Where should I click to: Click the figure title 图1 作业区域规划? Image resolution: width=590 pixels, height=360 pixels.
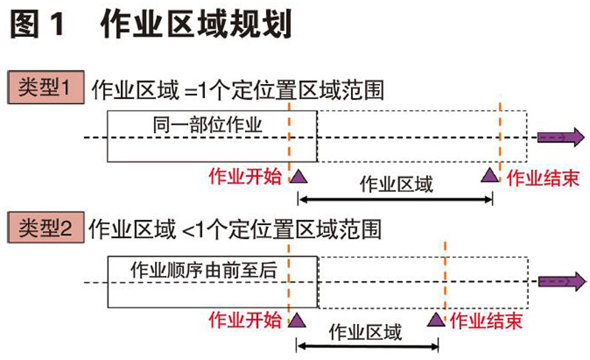[150, 24]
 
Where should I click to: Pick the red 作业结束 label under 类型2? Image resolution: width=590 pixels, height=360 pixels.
[487, 320]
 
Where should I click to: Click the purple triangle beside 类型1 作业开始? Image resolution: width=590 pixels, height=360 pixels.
[299, 176]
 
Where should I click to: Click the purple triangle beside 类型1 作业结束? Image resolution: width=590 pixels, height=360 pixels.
[488, 175]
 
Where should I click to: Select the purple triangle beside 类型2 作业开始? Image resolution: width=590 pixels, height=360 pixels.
[297, 319]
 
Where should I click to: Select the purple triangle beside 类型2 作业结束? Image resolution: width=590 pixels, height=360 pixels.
[437, 319]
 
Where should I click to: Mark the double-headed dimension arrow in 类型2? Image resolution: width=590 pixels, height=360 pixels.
[367, 345]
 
